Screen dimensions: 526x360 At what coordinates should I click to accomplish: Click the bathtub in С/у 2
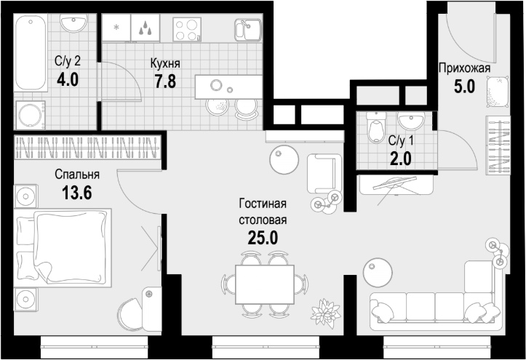[30, 52]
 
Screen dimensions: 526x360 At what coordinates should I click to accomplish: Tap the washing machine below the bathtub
[31, 115]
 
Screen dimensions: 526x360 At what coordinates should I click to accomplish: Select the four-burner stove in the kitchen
[187, 30]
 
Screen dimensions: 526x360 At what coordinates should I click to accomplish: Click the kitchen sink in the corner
[248, 30]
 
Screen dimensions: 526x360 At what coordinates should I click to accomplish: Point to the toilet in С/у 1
[376, 128]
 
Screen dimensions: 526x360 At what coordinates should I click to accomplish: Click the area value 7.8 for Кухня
[165, 81]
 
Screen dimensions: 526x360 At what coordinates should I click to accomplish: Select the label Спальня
[77, 175]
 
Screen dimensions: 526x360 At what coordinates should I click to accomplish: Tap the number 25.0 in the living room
[263, 238]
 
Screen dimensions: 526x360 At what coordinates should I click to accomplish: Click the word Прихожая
[465, 68]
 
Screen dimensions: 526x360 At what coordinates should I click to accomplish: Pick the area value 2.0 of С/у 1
[401, 159]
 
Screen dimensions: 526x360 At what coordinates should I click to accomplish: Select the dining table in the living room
[265, 284]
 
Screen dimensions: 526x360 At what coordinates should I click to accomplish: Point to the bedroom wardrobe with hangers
[88, 147]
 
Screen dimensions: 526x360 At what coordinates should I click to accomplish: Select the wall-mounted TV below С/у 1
[397, 185]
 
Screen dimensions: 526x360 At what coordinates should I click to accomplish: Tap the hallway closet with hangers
[498, 145]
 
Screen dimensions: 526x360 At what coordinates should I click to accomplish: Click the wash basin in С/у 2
[73, 23]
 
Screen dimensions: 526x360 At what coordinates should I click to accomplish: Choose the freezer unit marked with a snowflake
[116, 28]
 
